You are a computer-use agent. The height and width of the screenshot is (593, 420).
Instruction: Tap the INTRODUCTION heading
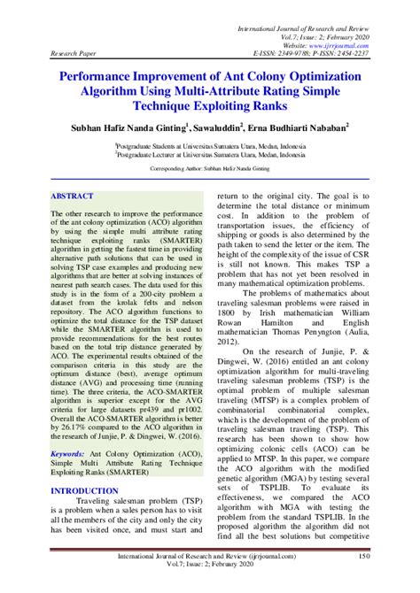coord(83,489)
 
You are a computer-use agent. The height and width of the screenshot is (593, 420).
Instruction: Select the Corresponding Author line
coord(210,167)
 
